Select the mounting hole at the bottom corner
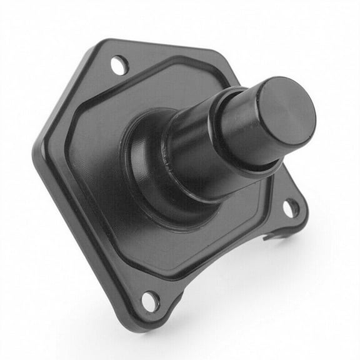(x=150, y=301)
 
